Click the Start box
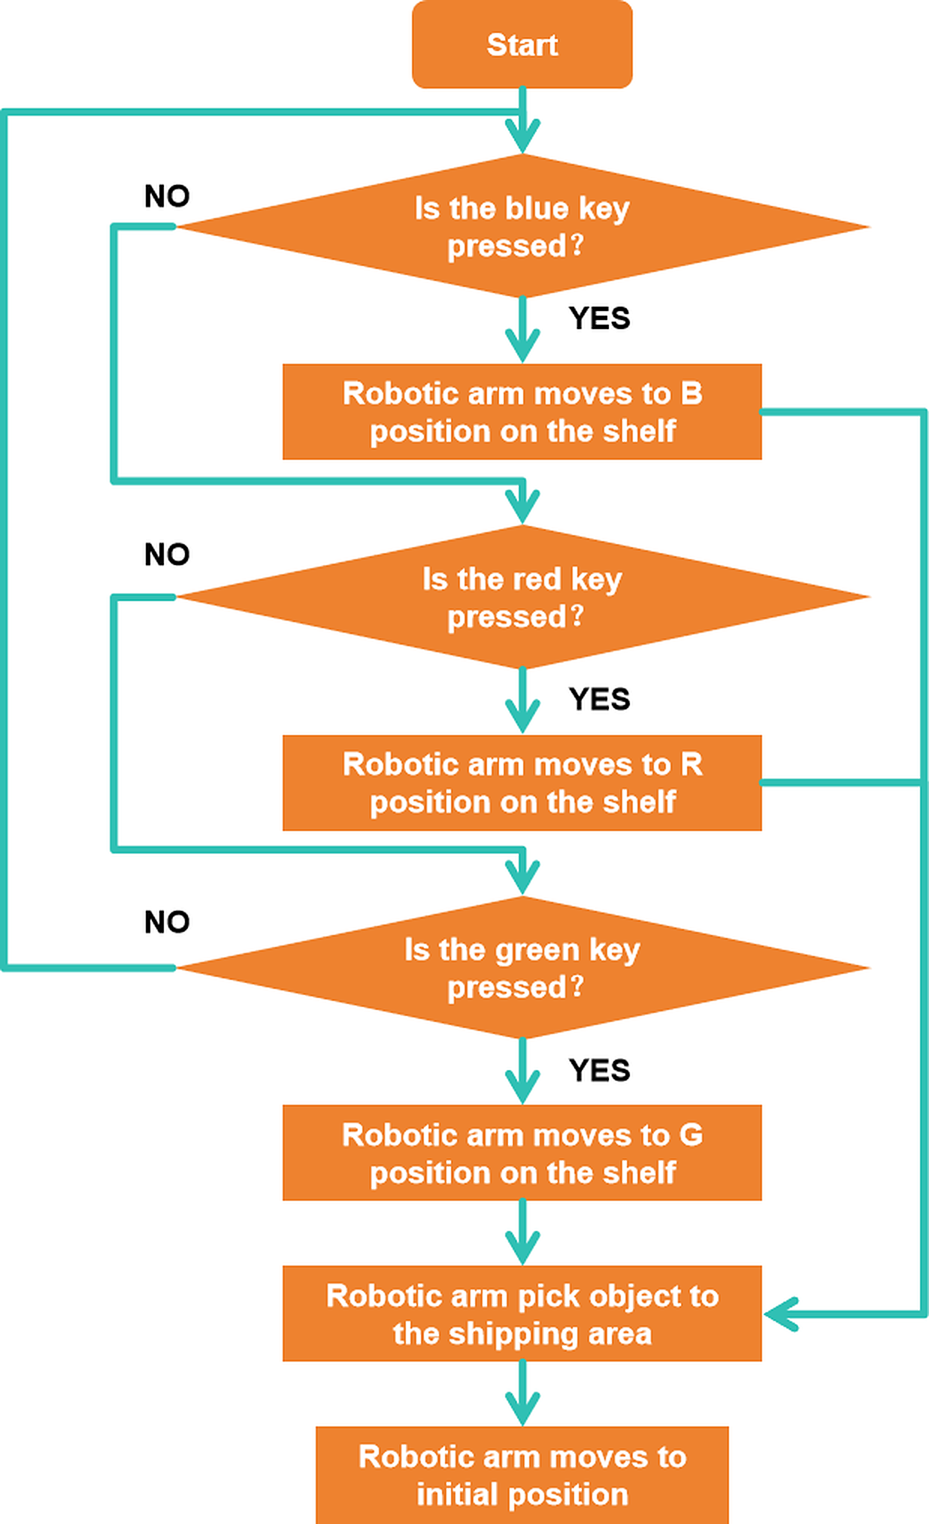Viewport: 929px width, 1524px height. (x=522, y=44)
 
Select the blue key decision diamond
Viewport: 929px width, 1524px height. (x=522, y=225)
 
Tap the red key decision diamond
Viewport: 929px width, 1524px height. (x=522, y=597)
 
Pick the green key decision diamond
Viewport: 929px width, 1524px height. (x=522, y=967)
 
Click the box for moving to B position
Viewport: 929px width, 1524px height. (x=522, y=412)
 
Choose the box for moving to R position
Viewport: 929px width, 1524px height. (x=522, y=782)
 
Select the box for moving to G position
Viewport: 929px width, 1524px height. (x=522, y=1153)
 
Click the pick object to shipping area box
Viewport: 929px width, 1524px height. (x=522, y=1314)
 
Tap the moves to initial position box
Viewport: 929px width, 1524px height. (x=522, y=1475)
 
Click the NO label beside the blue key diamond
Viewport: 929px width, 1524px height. (x=167, y=196)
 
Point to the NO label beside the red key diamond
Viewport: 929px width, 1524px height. (x=167, y=555)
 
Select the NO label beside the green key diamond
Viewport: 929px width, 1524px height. (x=167, y=922)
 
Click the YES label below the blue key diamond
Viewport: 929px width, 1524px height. (x=599, y=319)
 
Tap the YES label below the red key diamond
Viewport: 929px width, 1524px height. (x=599, y=700)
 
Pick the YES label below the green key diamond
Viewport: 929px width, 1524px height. (x=599, y=1070)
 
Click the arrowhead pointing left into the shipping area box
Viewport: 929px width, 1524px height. (x=780, y=1314)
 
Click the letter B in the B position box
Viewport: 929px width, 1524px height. (x=691, y=394)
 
